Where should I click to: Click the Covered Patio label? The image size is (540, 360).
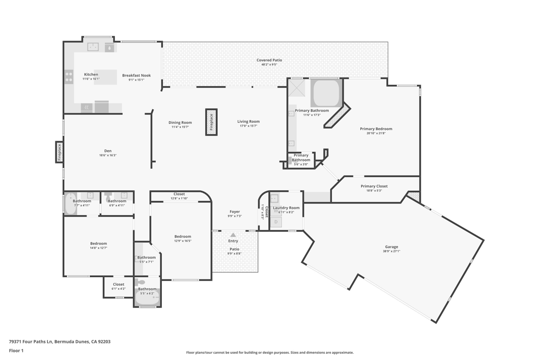point(269,60)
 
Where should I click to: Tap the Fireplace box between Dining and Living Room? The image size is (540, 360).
point(211,122)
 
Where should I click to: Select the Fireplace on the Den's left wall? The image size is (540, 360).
point(60,152)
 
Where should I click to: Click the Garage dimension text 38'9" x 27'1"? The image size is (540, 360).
point(391,251)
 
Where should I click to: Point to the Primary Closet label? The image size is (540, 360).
point(374,186)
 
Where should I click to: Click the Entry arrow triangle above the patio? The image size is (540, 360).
point(233,235)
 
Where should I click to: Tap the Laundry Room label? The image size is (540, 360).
point(286,208)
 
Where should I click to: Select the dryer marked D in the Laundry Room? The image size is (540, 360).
point(276,222)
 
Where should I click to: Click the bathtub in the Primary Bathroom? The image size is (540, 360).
point(326,93)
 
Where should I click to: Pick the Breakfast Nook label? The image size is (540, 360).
point(136,75)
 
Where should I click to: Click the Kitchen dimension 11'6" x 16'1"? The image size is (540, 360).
point(91,79)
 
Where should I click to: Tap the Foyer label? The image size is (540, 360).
point(235,212)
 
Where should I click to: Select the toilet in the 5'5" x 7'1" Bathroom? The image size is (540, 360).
point(140,283)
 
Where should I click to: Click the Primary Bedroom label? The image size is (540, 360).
point(376,129)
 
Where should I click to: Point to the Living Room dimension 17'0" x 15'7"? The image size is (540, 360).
point(248,126)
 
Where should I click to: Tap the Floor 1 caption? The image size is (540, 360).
point(16,351)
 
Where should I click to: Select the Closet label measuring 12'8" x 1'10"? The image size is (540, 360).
point(179,194)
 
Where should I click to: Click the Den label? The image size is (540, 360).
point(108,151)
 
